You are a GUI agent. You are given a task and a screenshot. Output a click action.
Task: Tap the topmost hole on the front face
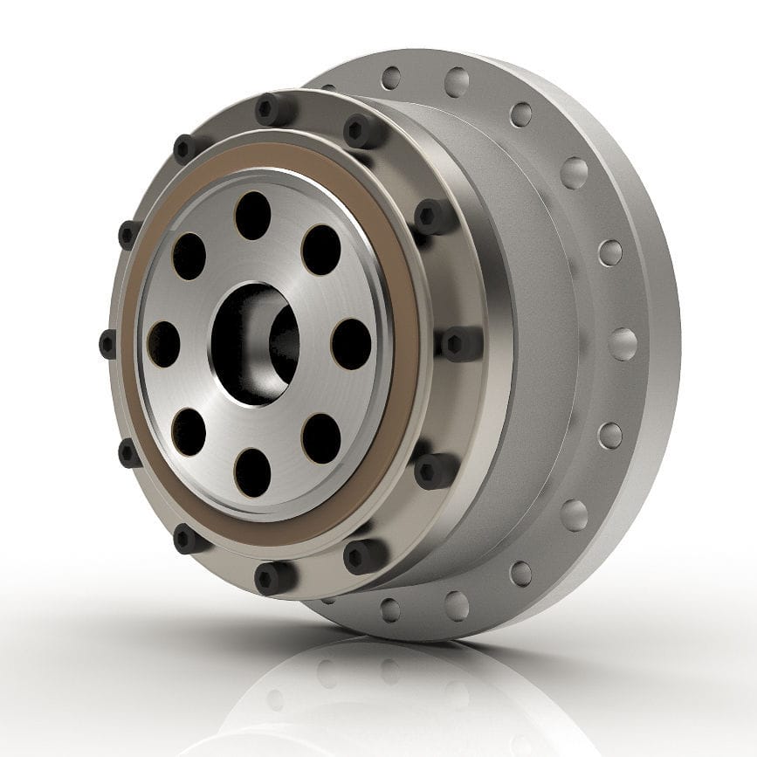point(253,214)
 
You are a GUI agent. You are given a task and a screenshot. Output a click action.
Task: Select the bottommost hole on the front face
point(253,471)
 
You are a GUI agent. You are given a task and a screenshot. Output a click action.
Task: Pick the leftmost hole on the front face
point(163,343)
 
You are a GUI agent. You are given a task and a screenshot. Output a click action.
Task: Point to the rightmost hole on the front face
point(351,344)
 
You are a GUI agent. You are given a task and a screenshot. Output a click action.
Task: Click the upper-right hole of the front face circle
point(320,250)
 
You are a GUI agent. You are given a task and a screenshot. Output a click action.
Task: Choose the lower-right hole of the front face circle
point(321,437)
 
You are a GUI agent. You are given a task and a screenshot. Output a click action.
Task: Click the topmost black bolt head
point(273,110)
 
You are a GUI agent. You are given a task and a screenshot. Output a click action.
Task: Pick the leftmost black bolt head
point(108,343)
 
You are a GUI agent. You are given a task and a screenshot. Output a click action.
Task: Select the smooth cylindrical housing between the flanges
point(533,349)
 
